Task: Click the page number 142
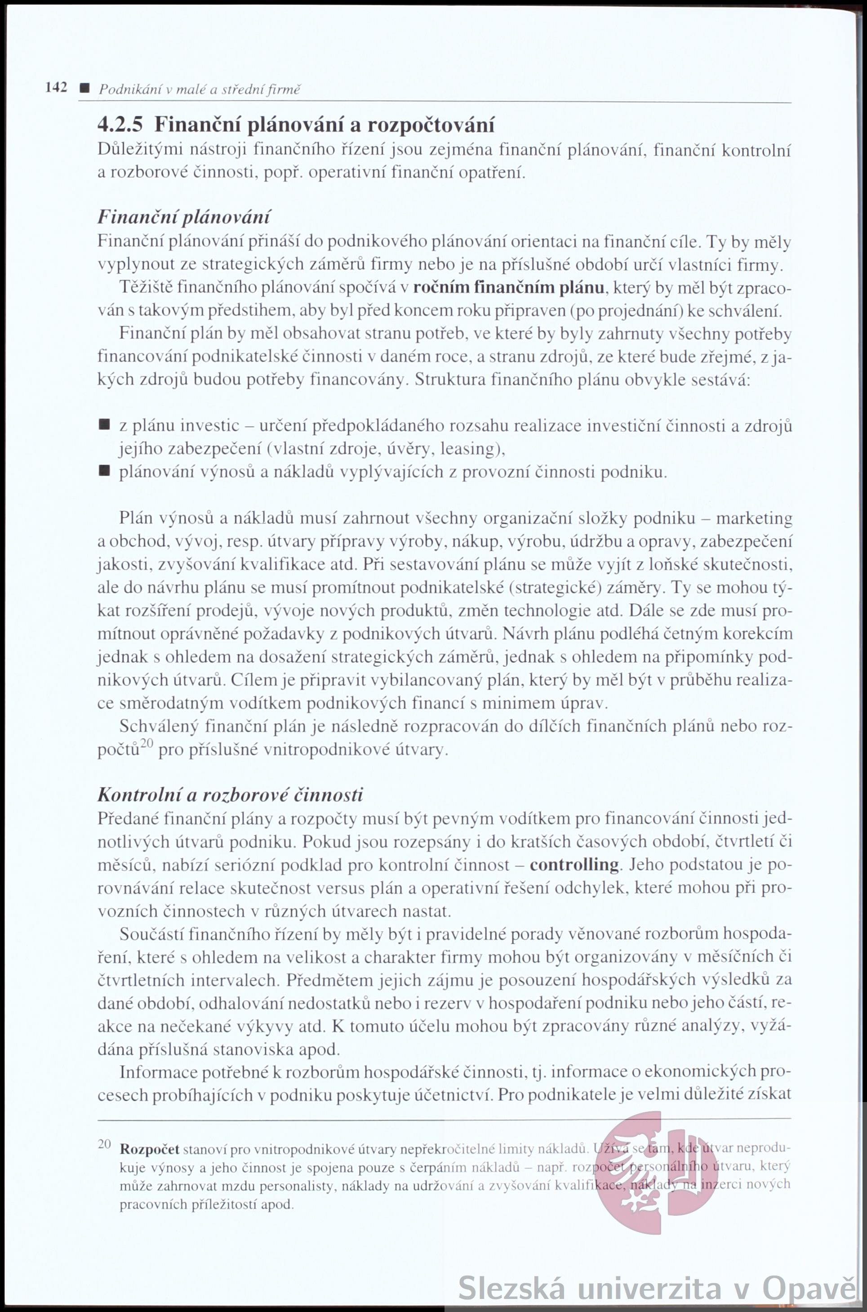pos(56,87)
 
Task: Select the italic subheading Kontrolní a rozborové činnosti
pos(230,795)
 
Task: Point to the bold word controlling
pos(574,865)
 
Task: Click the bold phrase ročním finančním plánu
pos(508,288)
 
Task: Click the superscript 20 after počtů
pos(146,743)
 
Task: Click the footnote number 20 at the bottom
pos(105,1144)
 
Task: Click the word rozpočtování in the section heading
pos(431,125)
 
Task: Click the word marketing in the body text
pos(754,518)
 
